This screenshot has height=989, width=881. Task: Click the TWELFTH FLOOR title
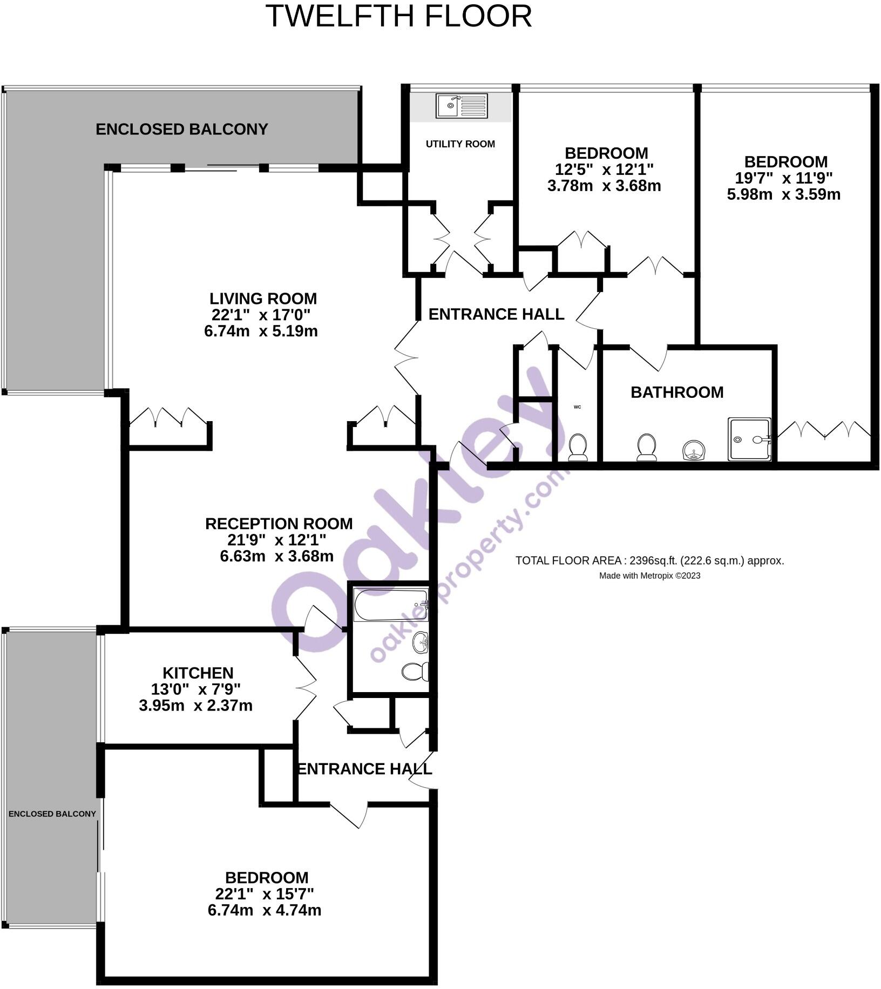click(399, 16)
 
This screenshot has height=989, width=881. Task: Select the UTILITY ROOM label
click(460, 144)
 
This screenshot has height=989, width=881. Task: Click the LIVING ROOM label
click(263, 299)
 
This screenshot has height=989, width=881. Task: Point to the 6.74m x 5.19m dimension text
click(261, 331)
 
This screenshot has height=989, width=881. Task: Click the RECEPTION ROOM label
click(279, 524)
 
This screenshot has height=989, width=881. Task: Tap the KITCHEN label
click(198, 673)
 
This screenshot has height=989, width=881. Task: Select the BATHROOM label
click(677, 392)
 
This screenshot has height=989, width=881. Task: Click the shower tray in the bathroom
click(749, 439)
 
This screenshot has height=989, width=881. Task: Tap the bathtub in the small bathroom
click(391, 605)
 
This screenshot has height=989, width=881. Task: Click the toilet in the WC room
click(578, 448)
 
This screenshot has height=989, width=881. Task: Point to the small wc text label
click(577, 407)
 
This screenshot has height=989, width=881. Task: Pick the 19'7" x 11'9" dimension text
click(784, 178)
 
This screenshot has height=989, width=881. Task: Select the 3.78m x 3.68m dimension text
click(604, 186)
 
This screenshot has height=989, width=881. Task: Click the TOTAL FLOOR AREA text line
click(649, 560)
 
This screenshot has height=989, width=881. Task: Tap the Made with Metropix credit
click(649, 575)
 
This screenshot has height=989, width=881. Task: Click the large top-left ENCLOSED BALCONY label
click(182, 130)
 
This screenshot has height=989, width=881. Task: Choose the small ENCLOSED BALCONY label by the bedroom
click(52, 814)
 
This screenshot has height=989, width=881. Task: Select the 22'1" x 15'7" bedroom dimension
click(265, 894)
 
